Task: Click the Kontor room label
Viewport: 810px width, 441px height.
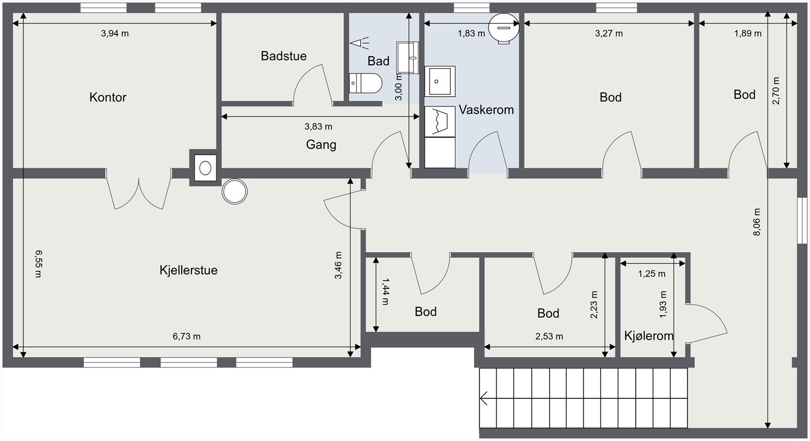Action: click(x=108, y=97)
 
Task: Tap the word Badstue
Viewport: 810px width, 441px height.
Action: click(x=283, y=56)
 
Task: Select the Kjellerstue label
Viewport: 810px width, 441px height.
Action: click(x=188, y=270)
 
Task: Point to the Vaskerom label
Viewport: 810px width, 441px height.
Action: click(x=486, y=109)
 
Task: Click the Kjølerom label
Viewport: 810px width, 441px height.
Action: click(x=649, y=336)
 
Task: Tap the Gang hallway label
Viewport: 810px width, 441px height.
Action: click(x=321, y=145)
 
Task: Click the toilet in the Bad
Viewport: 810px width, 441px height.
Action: click(x=365, y=83)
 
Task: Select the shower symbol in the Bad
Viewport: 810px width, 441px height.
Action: click(x=359, y=43)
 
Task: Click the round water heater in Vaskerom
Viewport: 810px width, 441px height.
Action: click(x=504, y=28)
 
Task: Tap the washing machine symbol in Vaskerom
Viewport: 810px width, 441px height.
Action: click(x=440, y=122)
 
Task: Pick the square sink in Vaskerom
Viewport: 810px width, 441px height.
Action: click(x=440, y=82)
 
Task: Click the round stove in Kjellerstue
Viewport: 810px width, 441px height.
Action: click(x=235, y=191)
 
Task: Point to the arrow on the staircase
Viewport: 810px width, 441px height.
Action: click(x=484, y=398)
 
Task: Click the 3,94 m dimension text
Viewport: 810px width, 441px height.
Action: click(x=114, y=33)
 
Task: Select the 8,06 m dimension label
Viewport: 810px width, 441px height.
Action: click(x=757, y=222)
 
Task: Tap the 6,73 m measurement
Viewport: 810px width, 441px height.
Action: click(x=186, y=337)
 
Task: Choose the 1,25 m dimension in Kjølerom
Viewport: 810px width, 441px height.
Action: click(x=652, y=274)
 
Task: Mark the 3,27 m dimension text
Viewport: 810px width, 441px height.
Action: click(x=609, y=33)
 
